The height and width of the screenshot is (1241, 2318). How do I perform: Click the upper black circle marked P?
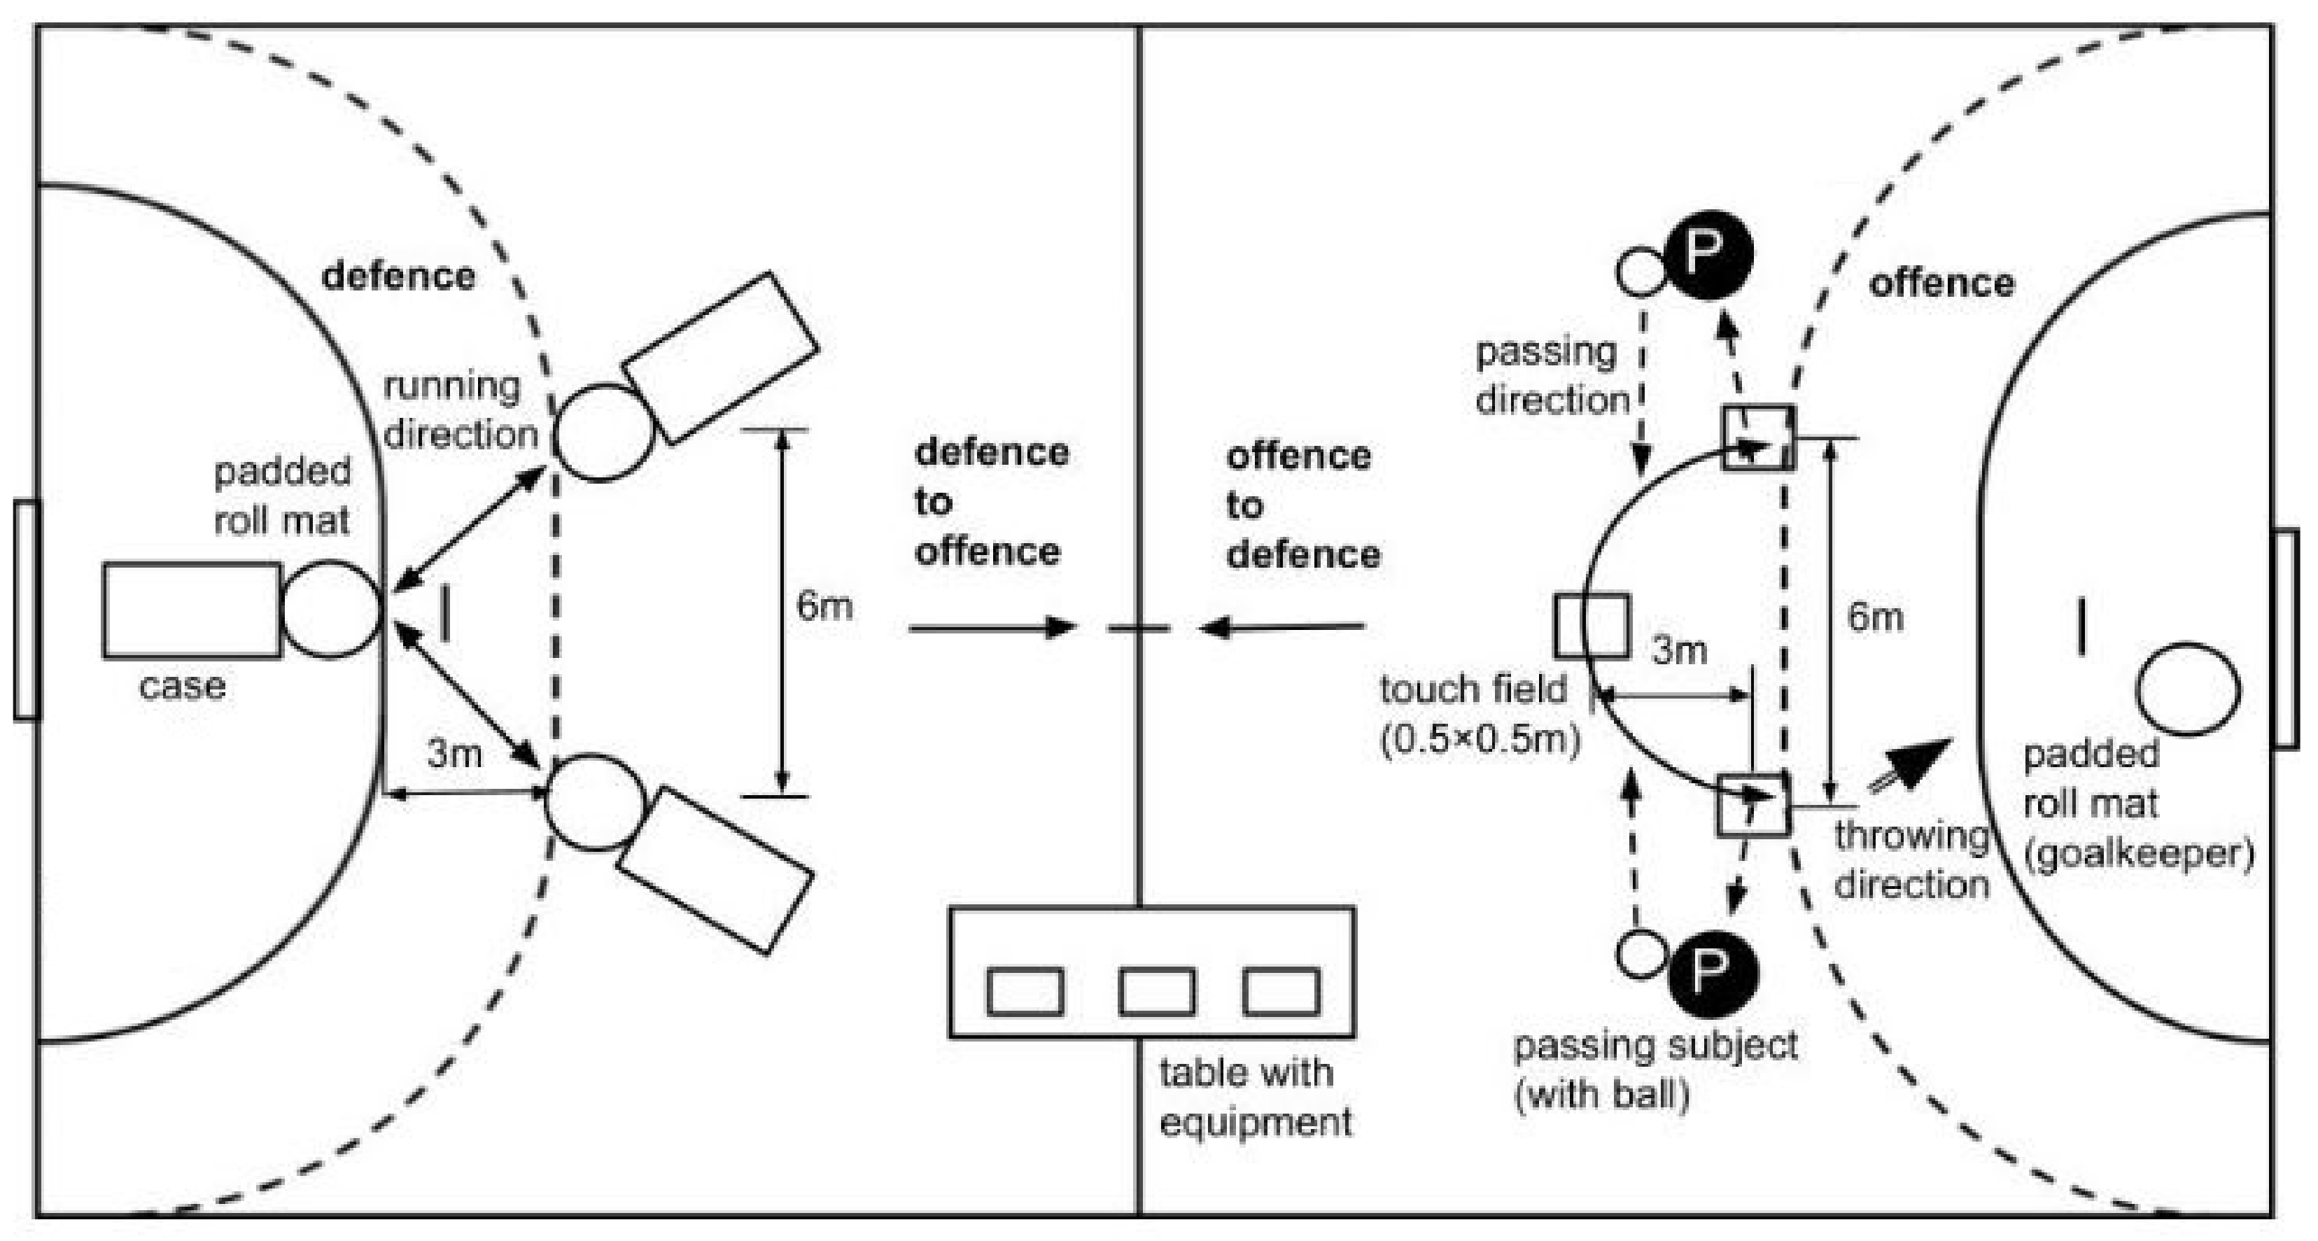click(x=1707, y=255)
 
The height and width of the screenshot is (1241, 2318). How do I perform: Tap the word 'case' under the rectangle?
click(x=182, y=687)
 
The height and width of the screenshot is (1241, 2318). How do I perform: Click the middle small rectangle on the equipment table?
click(x=1156, y=991)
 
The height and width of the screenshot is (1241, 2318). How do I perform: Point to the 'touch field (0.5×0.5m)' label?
click(x=1480, y=715)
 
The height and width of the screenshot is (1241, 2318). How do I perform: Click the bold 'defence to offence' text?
click(x=991, y=502)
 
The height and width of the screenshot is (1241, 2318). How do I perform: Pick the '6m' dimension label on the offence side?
click(x=1875, y=617)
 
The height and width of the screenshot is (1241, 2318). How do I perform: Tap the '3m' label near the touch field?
click(x=1679, y=650)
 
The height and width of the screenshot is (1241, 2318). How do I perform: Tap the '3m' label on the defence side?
click(x=454, y=753)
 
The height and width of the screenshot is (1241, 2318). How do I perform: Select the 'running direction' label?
click(x=460, y=410)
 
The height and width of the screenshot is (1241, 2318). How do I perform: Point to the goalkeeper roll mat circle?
click(x=2188, y=689)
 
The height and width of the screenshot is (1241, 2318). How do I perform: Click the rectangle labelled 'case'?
click(x=192, y=610)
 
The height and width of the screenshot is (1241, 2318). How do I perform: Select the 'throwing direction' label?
click(x=1911, y=860)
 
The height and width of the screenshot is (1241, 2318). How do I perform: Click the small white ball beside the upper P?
click(x=1641, y=272)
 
